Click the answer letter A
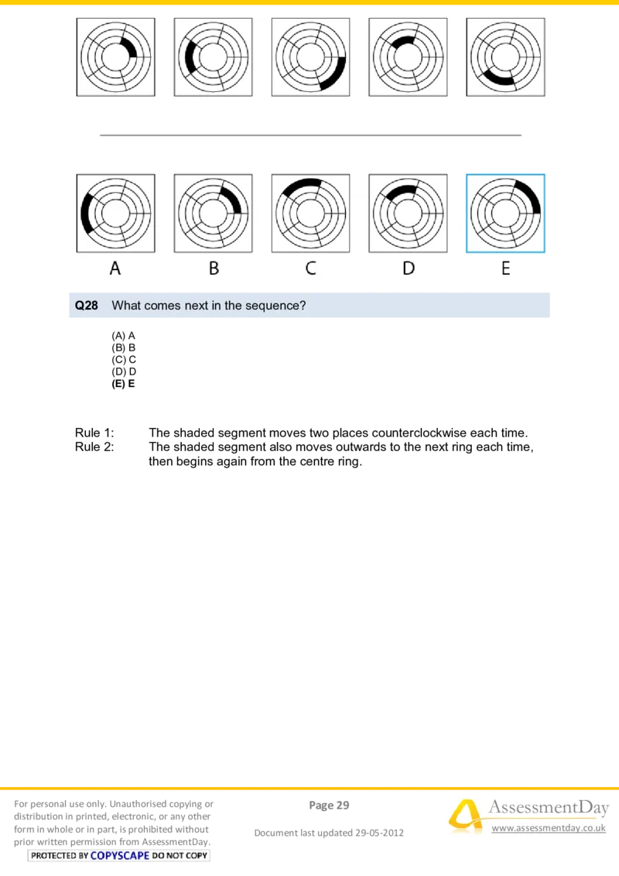(115, 269)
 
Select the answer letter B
(214, 269)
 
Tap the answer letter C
(310, 269)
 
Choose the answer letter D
(409, 269)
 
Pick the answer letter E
(505, 269)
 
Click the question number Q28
(87, 306)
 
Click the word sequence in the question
(272, 306)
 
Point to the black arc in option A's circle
(85, 214)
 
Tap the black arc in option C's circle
(302, 184)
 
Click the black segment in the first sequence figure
(132, 49)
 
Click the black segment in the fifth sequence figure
(498, 77)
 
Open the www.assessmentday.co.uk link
(549, 828)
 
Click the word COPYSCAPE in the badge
(120, 855)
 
